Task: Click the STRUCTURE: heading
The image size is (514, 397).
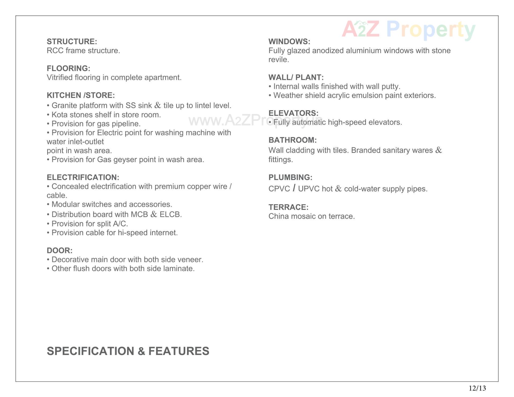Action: [x=72, y=41]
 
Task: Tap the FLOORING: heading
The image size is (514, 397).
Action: [x=68, y=68]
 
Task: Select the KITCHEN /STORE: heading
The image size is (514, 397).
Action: [x=81, y=95]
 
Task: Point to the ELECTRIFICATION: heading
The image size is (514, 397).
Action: [x=83, y=177]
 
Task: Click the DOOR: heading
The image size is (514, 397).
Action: [x=60, y=251]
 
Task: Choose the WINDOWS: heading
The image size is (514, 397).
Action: [x=289, y=41]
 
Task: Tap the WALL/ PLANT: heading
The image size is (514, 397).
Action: [x=296, y=77]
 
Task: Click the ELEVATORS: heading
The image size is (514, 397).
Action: [x=293, y=113]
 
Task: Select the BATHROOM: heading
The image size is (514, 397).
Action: [x=292, y=140]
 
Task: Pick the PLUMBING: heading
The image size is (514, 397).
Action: [x=290, y=177]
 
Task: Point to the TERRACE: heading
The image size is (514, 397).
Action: [x=288, y=207]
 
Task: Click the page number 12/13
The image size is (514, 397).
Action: [x=477, y=388]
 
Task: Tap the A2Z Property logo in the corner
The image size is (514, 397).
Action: [x=409, y=30]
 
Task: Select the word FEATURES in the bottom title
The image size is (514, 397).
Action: [x=179, y=351]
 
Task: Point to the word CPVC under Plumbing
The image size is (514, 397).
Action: [x=279, y=189]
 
